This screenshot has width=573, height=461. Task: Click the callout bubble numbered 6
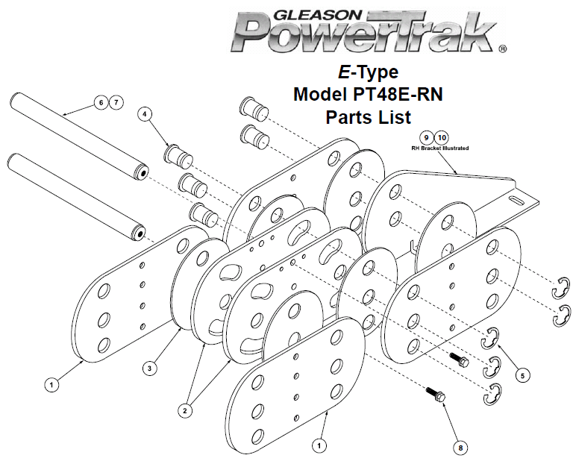click(x=101, y=102)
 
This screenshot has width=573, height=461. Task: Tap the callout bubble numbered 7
click(x=116, y=102)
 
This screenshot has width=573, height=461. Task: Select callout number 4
click(x=145, y=114)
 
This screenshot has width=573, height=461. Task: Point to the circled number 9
click(x=426, y=138)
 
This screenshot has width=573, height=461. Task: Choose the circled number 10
click(x=442, y=138)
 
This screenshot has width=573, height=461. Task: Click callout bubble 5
click(x=522, y=375)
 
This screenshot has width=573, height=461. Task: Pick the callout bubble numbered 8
click(x=460, y=448)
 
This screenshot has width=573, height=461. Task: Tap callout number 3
click(x=149, y=369)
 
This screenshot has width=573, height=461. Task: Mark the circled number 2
click(x=185, y=410)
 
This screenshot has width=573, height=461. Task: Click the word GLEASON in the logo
click(x=317, y=15)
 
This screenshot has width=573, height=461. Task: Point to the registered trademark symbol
click(x=503, y=48)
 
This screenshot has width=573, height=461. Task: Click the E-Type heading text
click(x=368, y=72)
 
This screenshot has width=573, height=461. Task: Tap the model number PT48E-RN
click(x=398, y=94)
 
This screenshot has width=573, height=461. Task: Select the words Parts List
click(x=369, y=117)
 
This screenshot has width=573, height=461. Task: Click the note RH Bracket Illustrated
click(x=440, y=148)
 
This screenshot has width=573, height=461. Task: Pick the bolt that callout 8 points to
click(x=436, y=395)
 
